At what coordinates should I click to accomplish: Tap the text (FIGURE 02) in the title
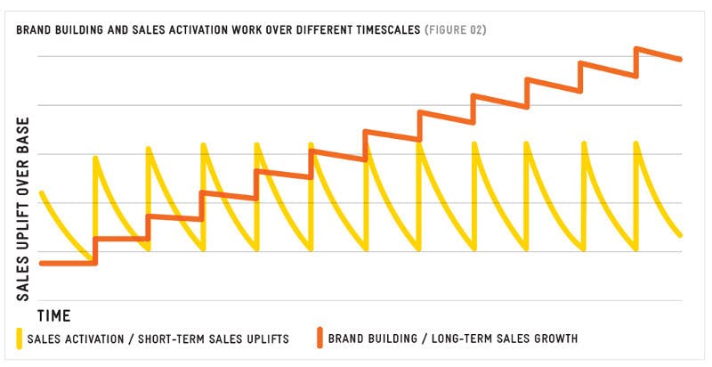(456, 30)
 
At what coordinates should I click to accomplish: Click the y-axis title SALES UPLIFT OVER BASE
(23, 209)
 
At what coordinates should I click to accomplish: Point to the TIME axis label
(54, 315)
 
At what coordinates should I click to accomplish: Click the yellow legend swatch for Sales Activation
(19, 338)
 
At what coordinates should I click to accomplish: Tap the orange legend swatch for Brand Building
(320, 338)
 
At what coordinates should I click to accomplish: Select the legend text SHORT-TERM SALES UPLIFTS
(214, 339)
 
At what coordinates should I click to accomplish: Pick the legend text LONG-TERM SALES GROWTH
(505, 338)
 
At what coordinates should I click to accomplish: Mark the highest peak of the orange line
(636, 48)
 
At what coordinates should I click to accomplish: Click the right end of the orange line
(680, 59)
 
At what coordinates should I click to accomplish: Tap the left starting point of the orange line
(42, 263)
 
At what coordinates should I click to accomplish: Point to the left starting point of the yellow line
(42, 193)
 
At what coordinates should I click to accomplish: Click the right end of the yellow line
(680, 235)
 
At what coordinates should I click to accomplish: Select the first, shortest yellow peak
(95, 158)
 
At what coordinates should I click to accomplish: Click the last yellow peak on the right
(636, 144)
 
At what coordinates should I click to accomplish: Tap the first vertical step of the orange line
(95, 250)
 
